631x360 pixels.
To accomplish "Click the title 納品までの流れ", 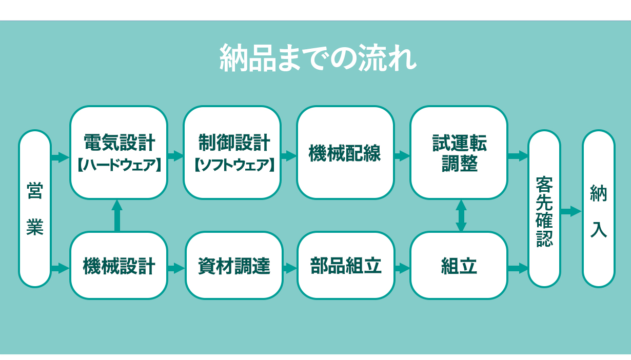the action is (x=318, y=58).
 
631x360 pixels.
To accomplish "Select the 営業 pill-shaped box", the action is (x=35, y=209).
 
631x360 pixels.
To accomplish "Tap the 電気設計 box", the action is (x=119, y=152).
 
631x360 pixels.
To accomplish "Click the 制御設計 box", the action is (x=232, y=152).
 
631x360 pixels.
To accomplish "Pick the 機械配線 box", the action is (x=345, y=152).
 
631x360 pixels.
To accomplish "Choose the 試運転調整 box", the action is (x=459, y=152).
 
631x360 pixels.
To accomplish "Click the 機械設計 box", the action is (x=119, y=265).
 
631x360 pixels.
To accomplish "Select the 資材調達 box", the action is (x=234, y=265).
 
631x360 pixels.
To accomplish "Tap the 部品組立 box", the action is (x=346, y=265).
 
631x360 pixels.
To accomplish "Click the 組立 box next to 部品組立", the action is (x=459, y=265).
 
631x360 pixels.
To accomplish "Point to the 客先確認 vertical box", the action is (x=544, y=209).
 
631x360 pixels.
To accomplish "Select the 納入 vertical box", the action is (x=599, y=209).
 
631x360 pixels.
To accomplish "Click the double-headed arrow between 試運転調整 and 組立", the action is (x=461, y=215).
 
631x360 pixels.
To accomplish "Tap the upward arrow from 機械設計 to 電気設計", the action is (x=117, y=215).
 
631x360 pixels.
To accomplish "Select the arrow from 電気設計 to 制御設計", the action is (x=176, y=156).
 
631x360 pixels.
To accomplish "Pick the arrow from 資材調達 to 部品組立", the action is (x=290, y=268).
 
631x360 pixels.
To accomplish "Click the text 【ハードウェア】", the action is (x=119, y=165).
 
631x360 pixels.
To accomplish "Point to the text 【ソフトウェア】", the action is (x=234, y=165).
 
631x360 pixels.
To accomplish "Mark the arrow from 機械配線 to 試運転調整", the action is (x=402, y=156).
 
